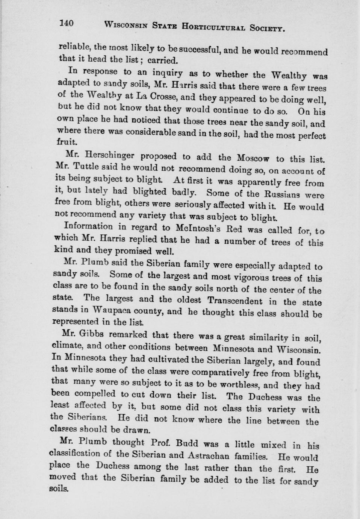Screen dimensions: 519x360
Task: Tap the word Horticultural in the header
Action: (x=214, y=26)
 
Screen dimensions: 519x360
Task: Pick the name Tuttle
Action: (x=91, y=166)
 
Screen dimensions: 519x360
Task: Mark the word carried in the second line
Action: (x=162, y=60)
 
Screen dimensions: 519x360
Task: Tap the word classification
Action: (x=80, y=454)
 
